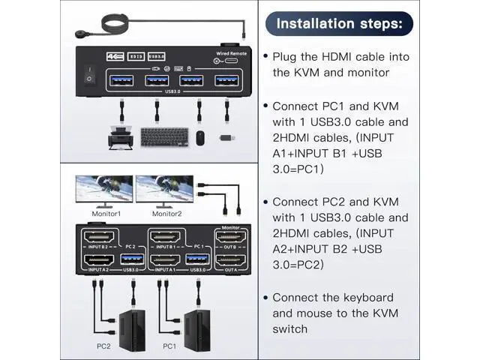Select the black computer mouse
(200, 138)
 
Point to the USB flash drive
(226, 136)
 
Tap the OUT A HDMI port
(229, 262)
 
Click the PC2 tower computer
(121, 323)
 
